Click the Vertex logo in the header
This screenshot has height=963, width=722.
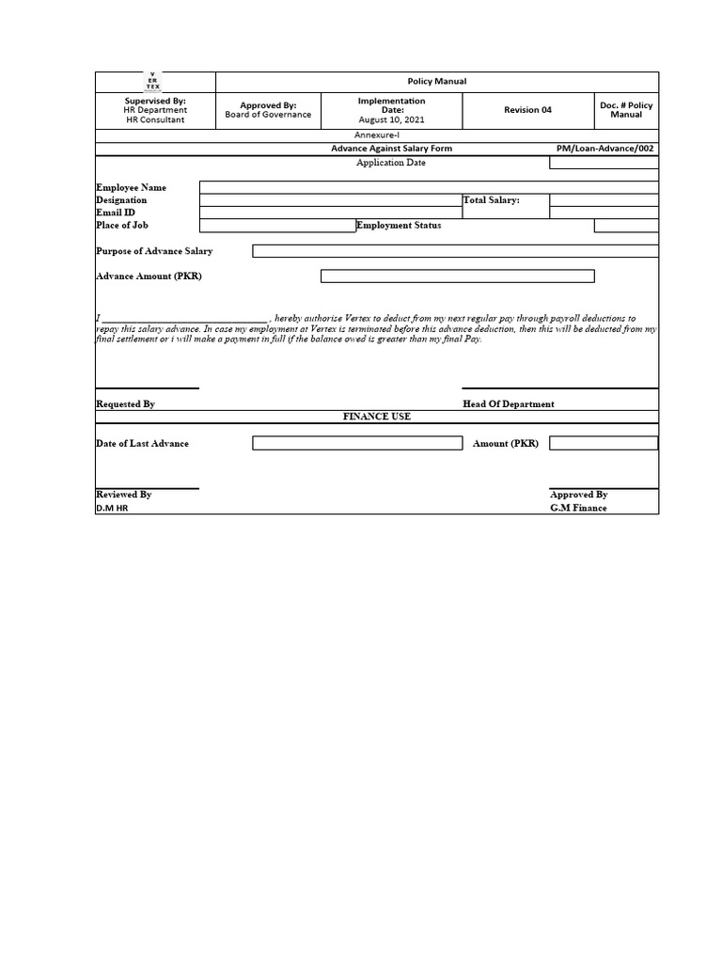coord(154,81)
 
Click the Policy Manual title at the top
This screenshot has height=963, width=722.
coord(436,82)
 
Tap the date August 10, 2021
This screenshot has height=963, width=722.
coord(391,120)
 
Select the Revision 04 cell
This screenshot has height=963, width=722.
coord(527,110)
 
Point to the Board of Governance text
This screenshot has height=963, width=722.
coord(268,115)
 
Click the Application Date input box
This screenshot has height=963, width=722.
coord(604,163)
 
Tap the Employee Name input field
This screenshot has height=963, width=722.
coord(429,187)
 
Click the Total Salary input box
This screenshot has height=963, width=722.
coord(604,200)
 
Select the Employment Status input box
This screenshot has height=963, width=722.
coord(626,226)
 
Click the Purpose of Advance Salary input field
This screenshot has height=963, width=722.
coord(455,251)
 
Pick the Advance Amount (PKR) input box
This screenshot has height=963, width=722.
coord(457,276)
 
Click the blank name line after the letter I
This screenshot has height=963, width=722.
coord(184,319)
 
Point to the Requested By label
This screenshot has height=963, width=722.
coord(125,403)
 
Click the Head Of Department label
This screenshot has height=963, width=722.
coord(508,403)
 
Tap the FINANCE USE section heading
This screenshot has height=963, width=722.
coord(376,416)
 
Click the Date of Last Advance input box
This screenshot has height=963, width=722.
coord(357,443)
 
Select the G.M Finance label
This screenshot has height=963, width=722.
coord(578,508)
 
